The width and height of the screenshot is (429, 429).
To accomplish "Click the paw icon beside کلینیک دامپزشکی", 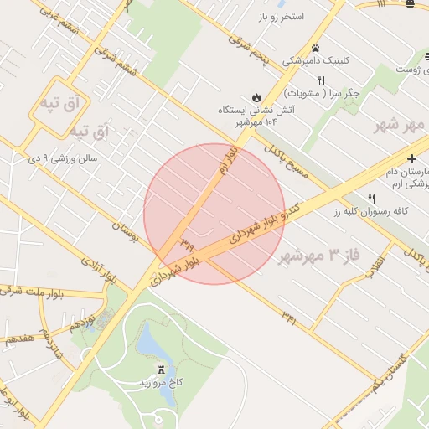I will [x=316, y=48].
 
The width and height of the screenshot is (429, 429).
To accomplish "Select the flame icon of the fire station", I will [x=256, y=96].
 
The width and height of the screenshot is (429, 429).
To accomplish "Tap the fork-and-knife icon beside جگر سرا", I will [x=320, y=80].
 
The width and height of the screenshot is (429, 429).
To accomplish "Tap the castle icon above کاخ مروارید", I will [x=162, y=370].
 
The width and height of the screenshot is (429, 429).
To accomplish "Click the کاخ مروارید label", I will [x=163, y=384].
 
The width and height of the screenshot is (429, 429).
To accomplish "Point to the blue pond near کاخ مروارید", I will [x=151, y=343].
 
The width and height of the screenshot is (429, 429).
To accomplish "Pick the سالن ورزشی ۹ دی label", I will [x=65, y=157].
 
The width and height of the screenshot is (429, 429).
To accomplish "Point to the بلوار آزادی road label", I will [x=98, y=269].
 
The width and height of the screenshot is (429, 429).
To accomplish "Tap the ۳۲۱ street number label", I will [x=289, y=317].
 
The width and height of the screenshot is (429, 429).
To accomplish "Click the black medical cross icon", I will [x=411, y=158].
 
